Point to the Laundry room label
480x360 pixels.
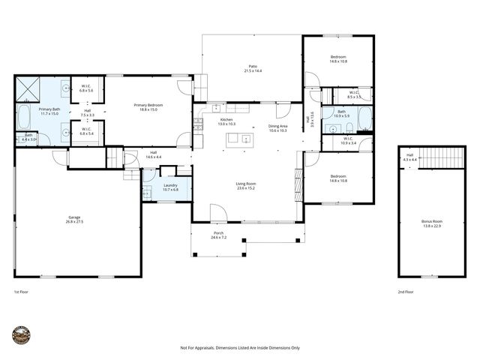click(169, 187)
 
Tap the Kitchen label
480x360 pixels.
click(226, 121)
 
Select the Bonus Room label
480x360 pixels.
click(432, 223)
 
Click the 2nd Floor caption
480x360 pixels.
click(406, 291)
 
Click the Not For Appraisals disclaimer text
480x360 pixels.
click(240, 348)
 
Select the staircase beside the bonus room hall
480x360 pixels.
click(445, 157)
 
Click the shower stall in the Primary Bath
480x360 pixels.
click(28, 88)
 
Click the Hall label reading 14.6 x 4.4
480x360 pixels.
click(153, 154)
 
